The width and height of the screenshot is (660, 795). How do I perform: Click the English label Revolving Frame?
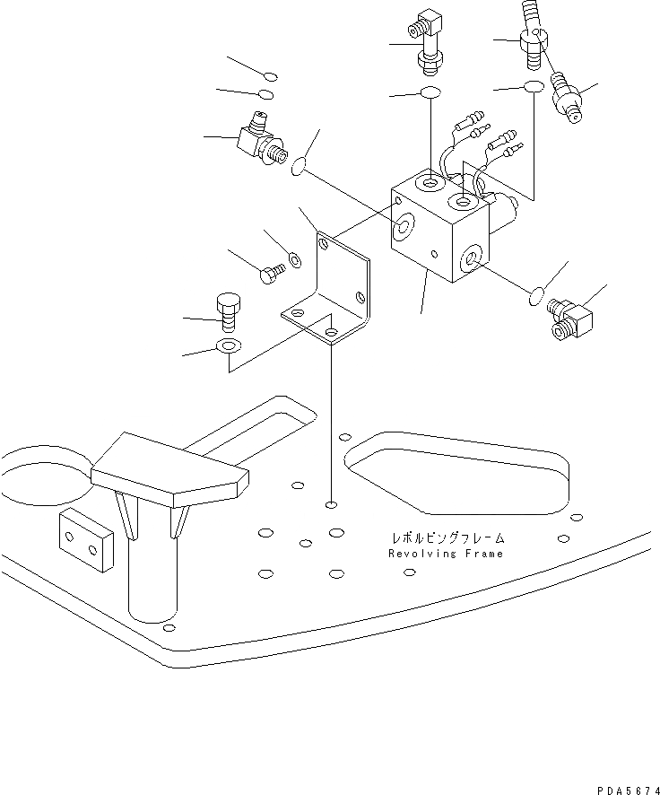click(x=446, y=554)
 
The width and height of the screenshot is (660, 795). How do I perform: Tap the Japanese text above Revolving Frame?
click(x=447, y=538)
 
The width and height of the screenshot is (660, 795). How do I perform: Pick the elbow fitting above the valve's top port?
click(x=426, y=49)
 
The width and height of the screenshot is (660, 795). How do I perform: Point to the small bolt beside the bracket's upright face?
click(x=270, y=275)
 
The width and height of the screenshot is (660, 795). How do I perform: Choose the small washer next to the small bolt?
click(x=294, y=261)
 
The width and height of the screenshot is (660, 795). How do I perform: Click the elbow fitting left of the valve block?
click(x=261, y=142)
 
